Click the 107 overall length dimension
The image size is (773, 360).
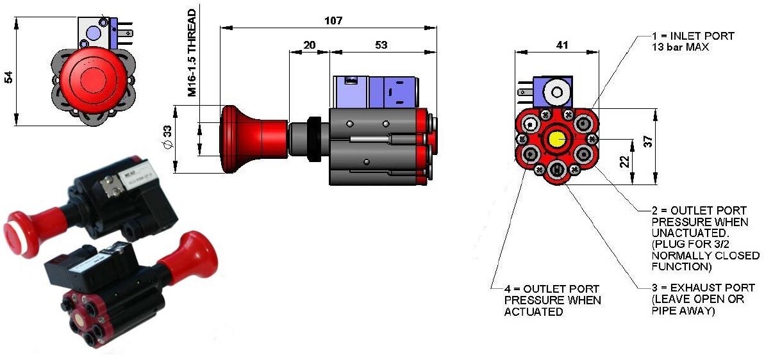[333, 20]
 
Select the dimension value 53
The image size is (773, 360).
[381, 45]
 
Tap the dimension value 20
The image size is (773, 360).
[309, 45]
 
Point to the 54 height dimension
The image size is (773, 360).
[8, 77]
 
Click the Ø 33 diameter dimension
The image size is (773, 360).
[167, 138]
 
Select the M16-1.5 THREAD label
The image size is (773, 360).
[192, 53]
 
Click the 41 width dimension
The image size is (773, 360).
[561, 45]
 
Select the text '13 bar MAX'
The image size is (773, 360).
[681, 47]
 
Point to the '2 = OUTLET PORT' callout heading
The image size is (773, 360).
[694, 211]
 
